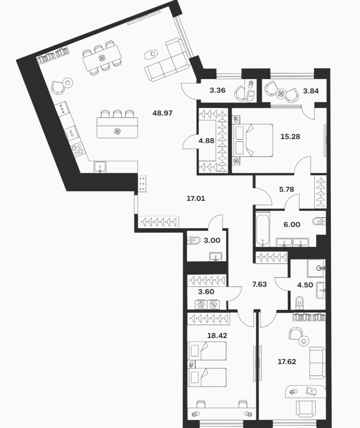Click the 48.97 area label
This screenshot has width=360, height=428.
point(162,113)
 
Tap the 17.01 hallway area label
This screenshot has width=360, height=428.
point(196,199)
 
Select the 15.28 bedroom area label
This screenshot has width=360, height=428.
point(290,137)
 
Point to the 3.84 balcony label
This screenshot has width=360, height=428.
point(311,91)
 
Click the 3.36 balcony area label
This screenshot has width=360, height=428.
point(218,90)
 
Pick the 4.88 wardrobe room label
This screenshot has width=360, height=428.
point(206,141)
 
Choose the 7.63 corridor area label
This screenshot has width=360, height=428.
point(259,284)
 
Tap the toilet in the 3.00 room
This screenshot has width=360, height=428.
point(193,240)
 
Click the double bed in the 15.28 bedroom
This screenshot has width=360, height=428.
point(252,140)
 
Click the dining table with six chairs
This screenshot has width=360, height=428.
point(102,58)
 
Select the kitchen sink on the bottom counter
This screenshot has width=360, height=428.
point(101,167)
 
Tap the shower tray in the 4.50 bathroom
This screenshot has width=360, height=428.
point(316,268)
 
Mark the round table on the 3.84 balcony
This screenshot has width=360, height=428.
point(281,94)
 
